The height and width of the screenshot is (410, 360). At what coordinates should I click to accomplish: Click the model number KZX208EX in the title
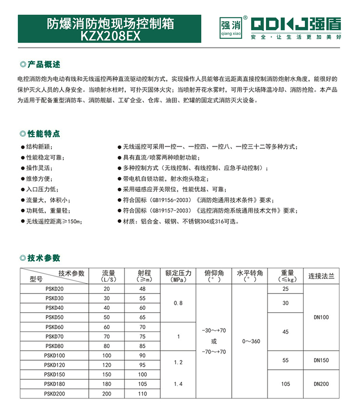pos(111,36)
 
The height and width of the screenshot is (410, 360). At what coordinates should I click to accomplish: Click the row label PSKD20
pos(54,289)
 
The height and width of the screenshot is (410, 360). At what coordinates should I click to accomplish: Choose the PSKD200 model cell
pos(54,393)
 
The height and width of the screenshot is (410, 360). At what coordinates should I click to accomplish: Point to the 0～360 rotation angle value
pos(250,341)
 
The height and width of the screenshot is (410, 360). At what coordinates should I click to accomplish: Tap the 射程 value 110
pos(142,393)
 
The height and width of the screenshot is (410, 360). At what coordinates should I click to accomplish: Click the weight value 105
pos(286,384)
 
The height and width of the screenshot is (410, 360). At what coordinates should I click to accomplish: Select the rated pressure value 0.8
pos(178,303)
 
